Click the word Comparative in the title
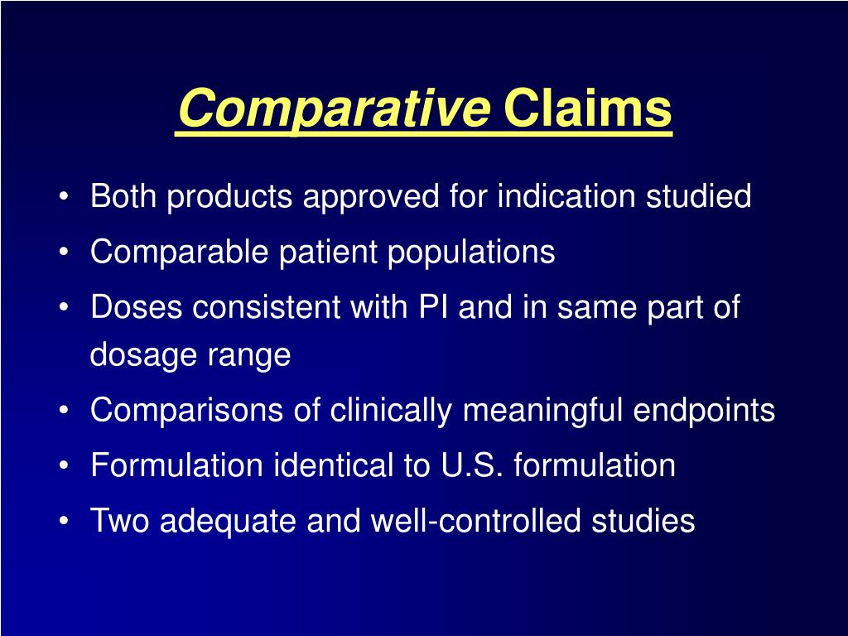pyautogui.click(x=332, y=109)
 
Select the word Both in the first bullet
pyautogui.click(x=123, y=197)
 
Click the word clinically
pyautogui.click(x=393, y=410)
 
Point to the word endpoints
pyautogui.click(x=704, y=410)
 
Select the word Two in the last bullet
pyautogui.click(x=121, y=521)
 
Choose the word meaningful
pyautogui.click(x=543, y=410)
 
